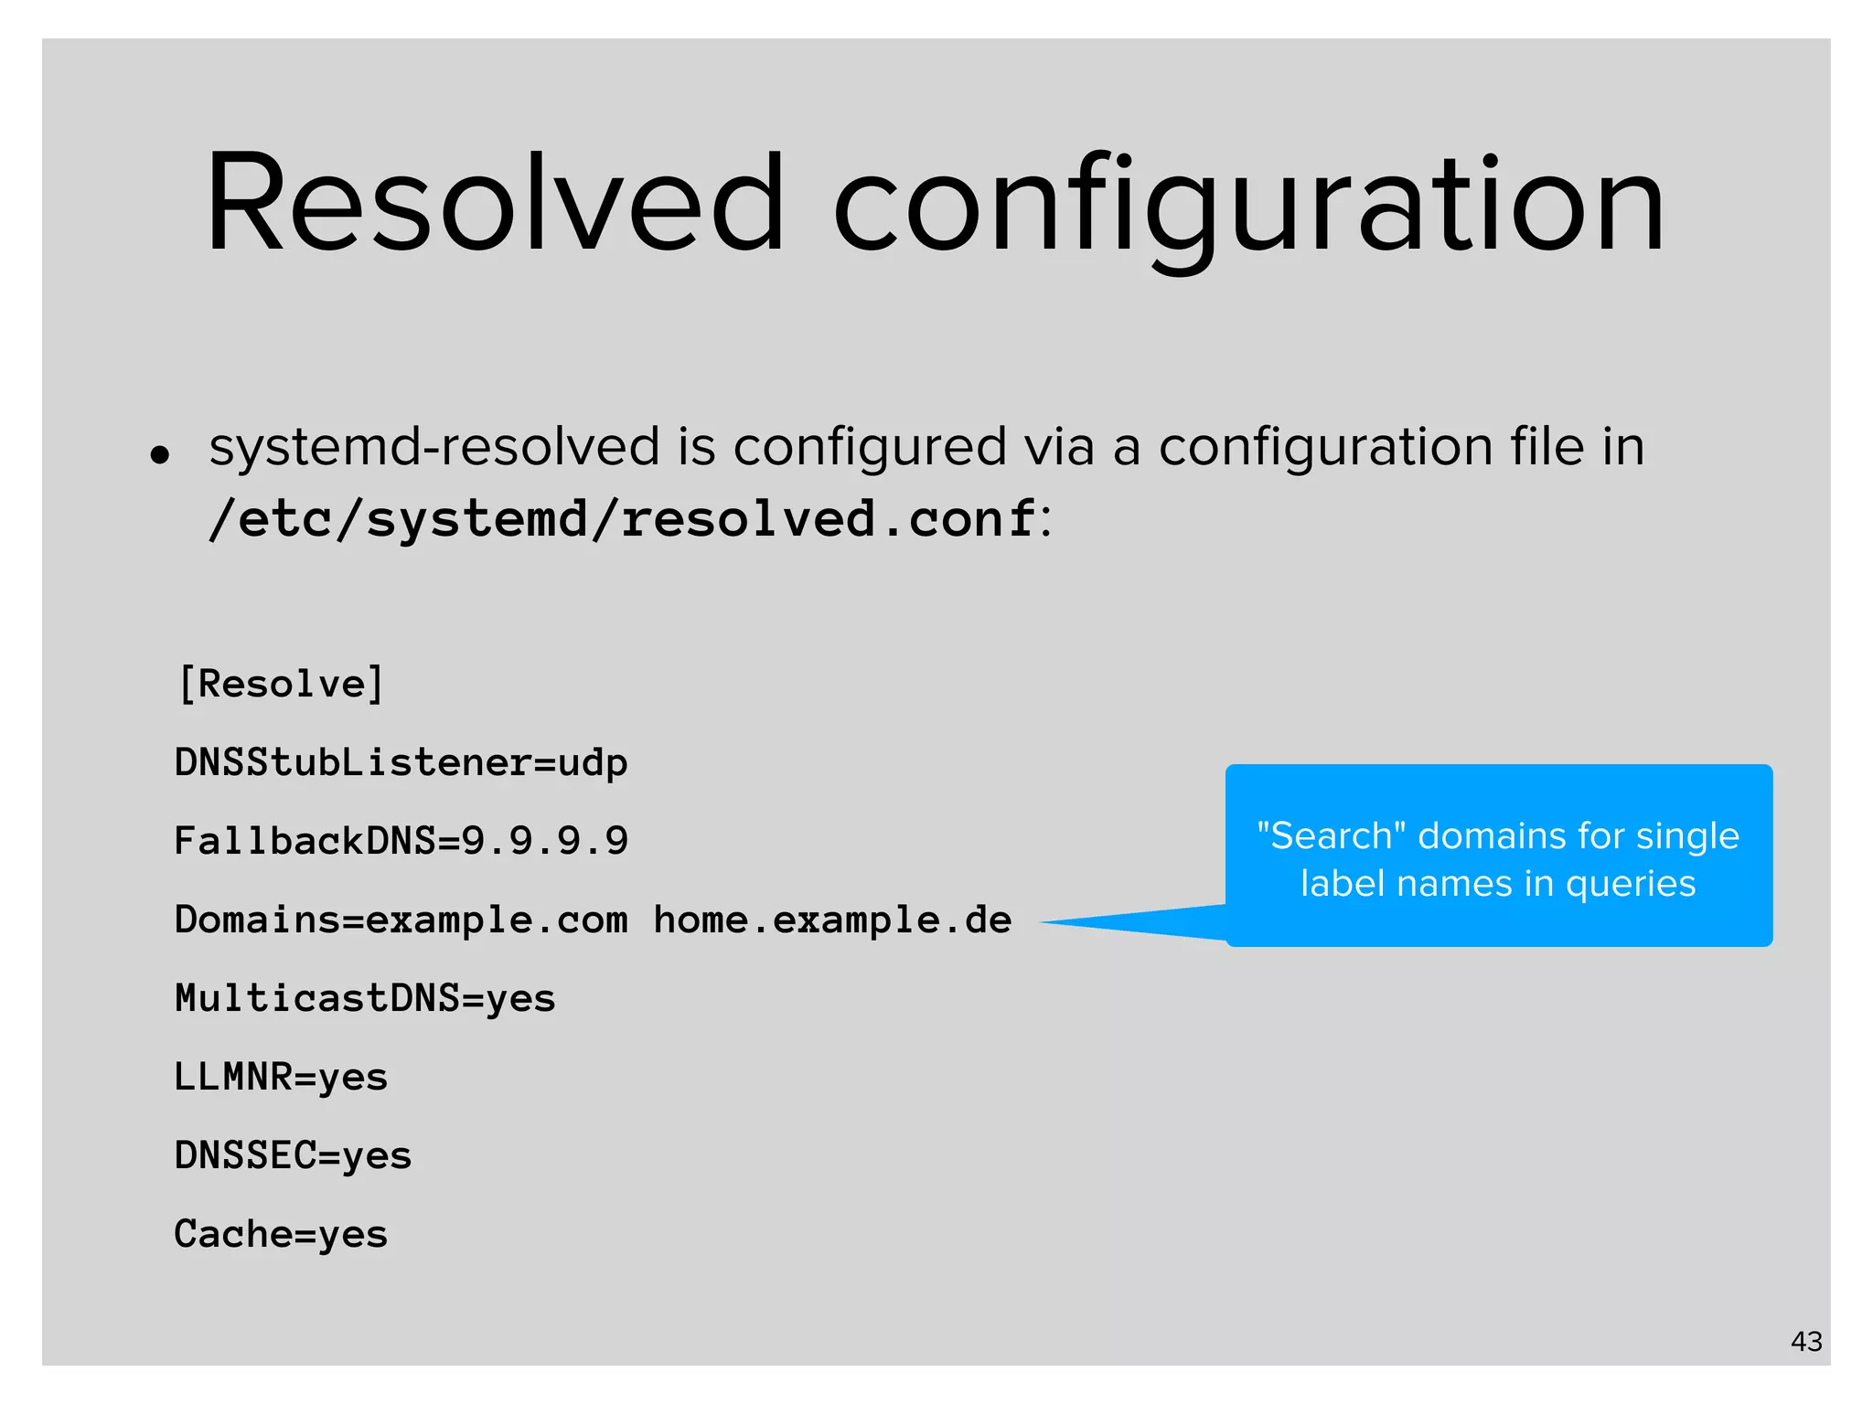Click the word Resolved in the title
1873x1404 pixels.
point(495,203)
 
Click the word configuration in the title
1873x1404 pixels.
point(1248,207)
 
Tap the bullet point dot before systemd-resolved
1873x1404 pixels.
point(160,454)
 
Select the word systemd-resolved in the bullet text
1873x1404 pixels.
point(433,447)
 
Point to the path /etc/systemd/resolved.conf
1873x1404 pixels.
point(623,519)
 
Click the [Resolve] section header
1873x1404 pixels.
point(281,684)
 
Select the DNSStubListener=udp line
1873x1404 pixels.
point(401,762)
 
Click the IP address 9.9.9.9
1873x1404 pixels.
point(545,841)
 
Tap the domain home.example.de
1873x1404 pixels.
point(832,920)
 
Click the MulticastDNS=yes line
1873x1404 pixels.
point(365,998)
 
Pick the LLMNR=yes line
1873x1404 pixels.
point(281,1077)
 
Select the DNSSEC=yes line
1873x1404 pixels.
point(293,1155)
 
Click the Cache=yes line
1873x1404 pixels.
point(281,1234)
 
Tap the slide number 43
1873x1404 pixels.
point(1806,1342)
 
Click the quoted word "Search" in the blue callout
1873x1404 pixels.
point(1331,835)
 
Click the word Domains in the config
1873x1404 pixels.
point(257,920)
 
